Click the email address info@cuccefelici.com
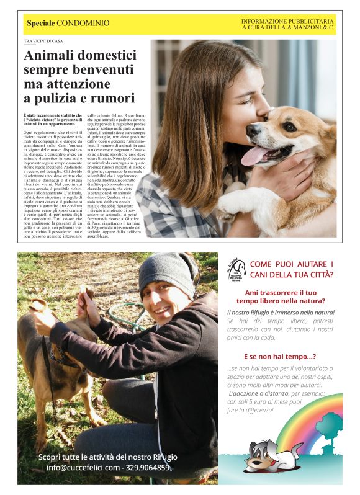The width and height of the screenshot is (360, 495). [83, 467]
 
